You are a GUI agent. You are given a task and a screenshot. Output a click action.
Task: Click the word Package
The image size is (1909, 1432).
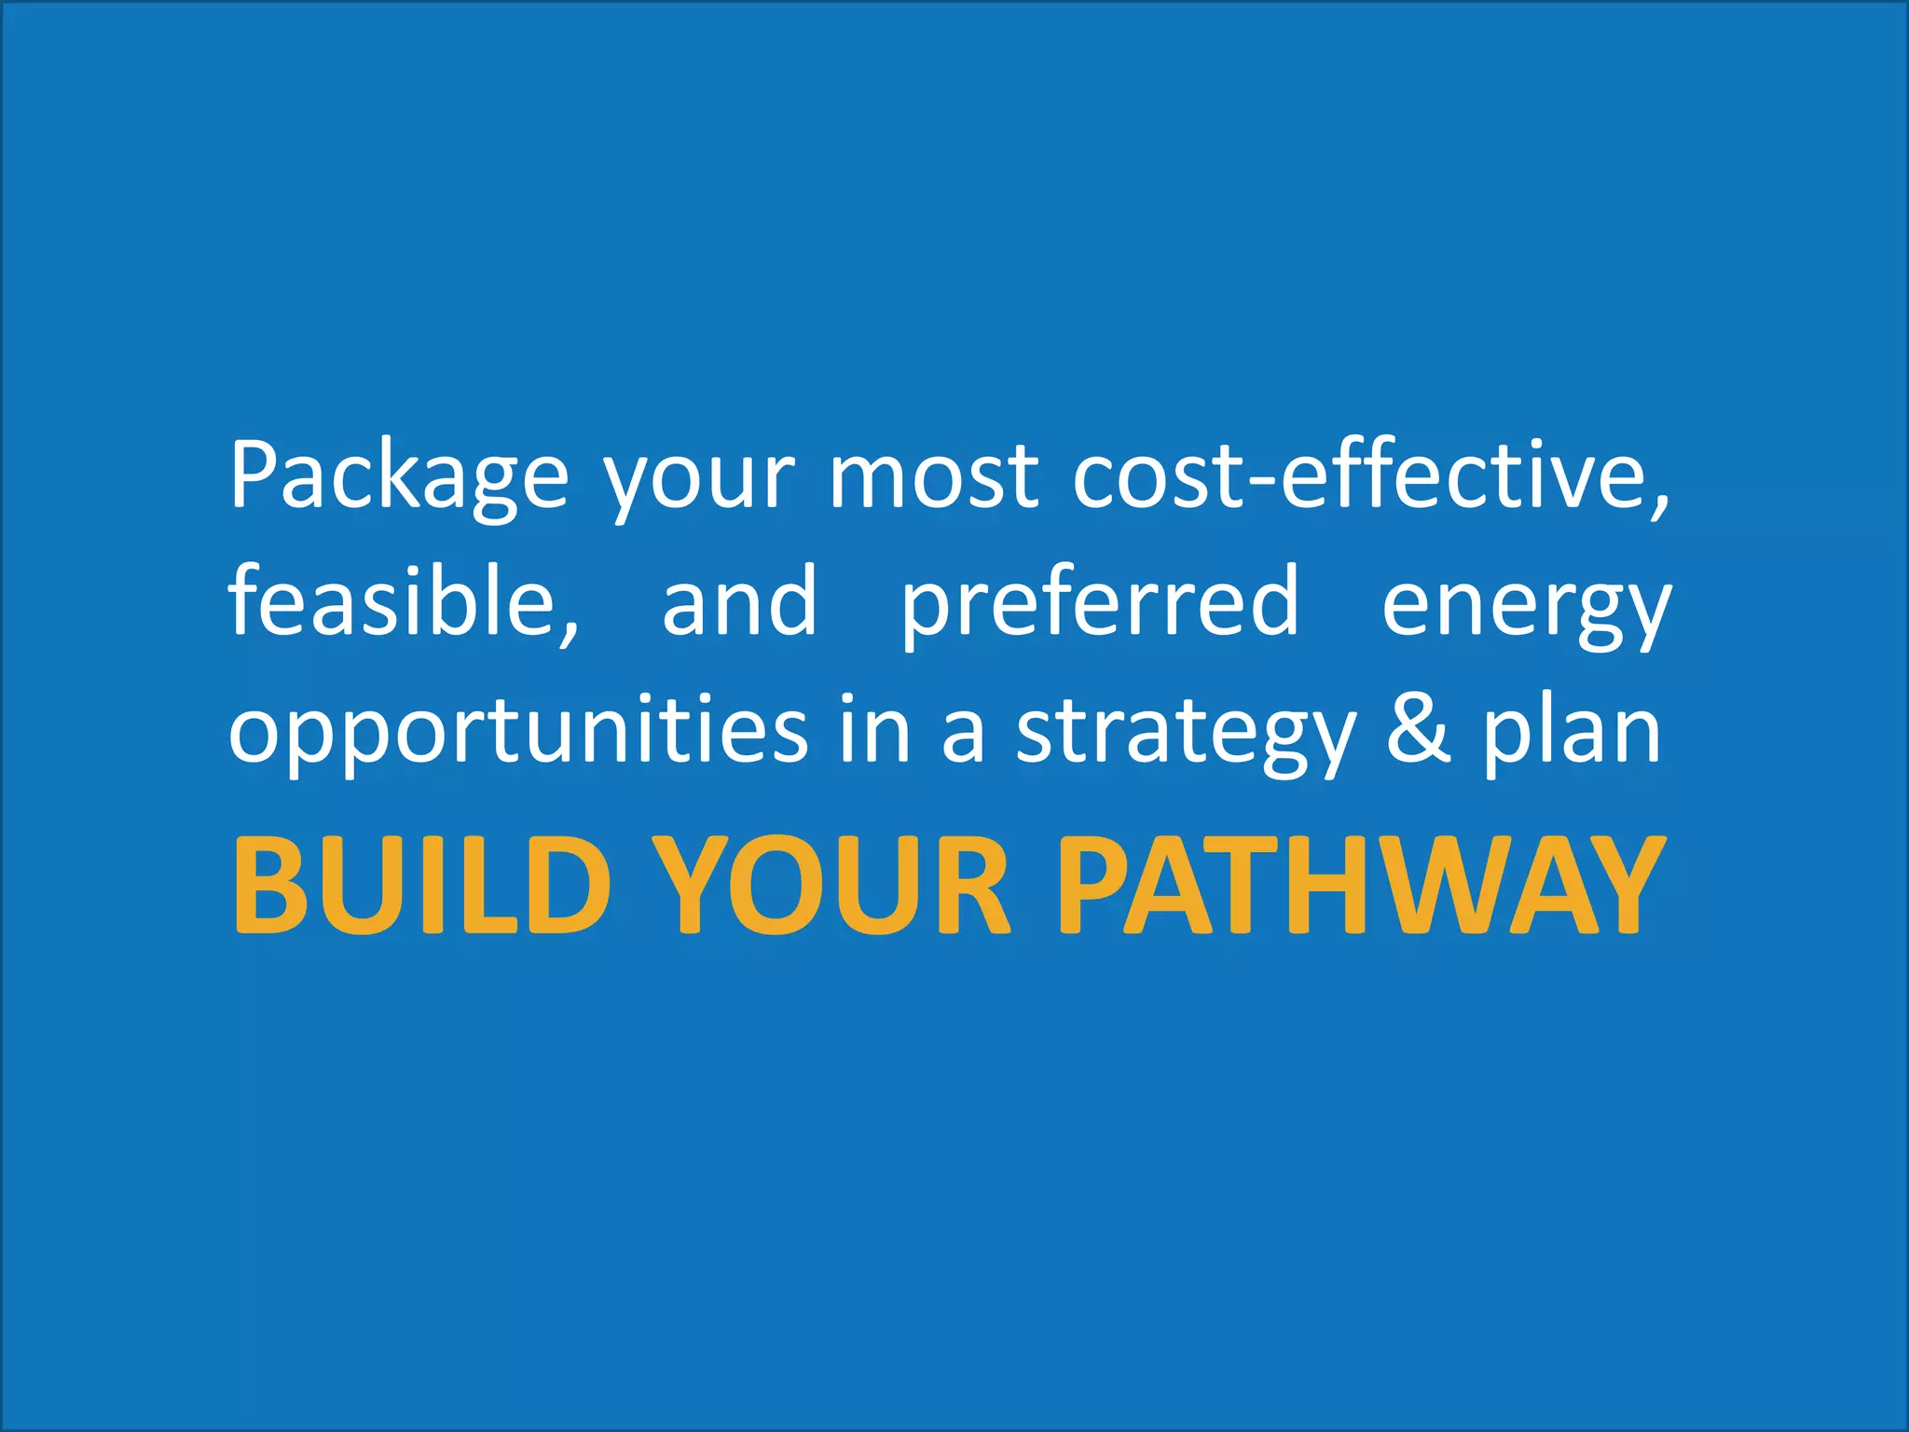click(398, 476)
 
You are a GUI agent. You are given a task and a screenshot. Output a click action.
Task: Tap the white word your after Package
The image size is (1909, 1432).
click(698, 485)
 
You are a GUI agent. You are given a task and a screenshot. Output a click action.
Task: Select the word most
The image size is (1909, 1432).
click(933, 476)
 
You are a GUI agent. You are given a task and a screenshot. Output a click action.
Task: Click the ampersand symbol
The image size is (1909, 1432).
click(1419, 729)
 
